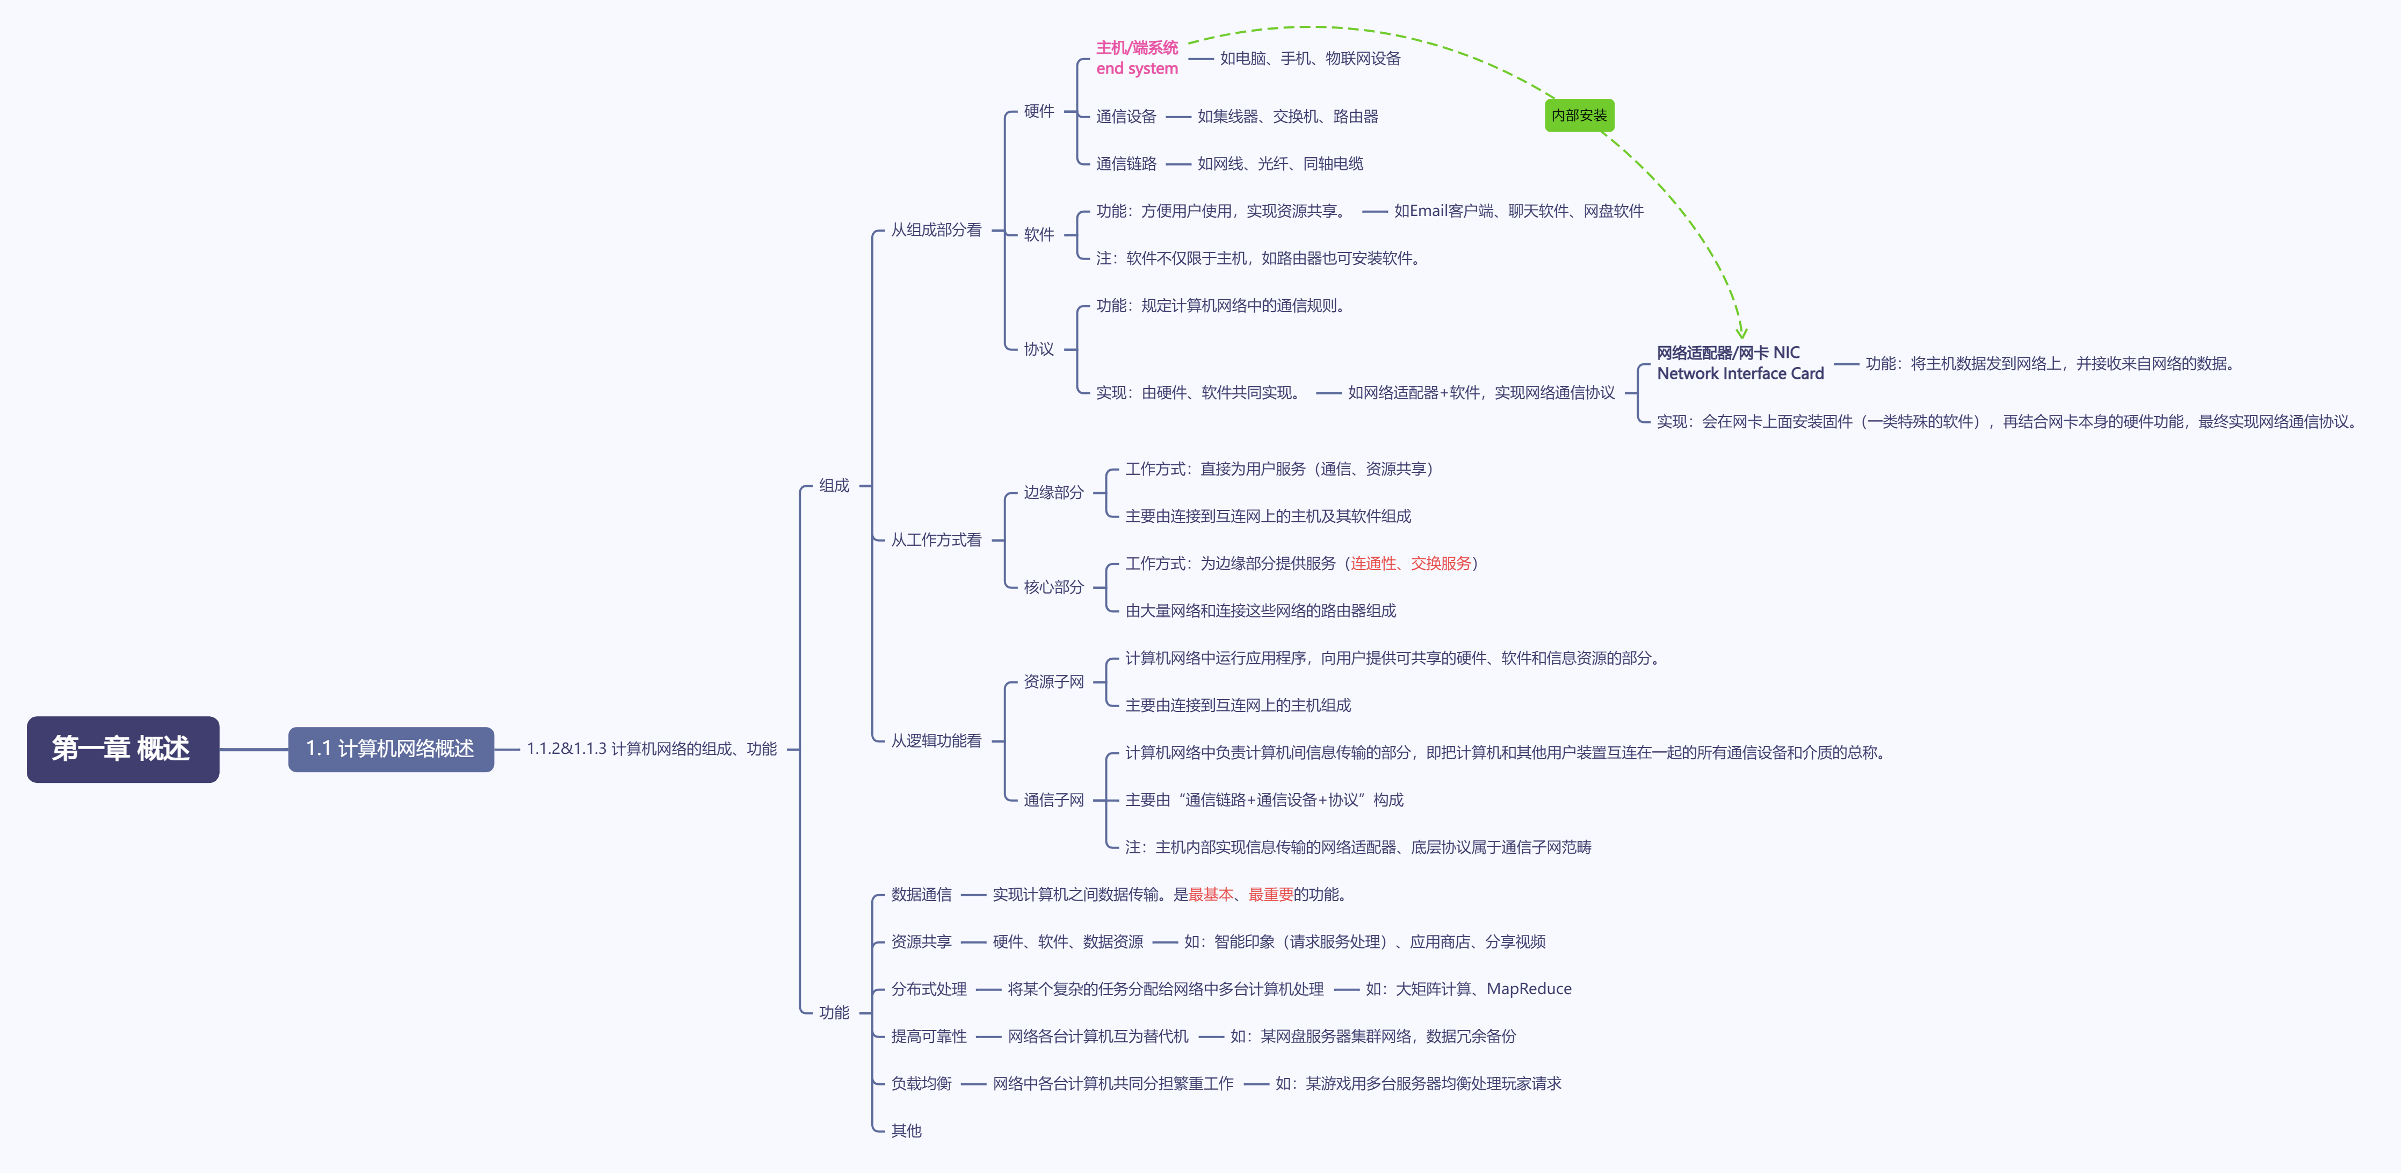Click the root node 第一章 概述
tap(122, 749)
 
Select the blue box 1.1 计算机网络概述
tap(390, 749)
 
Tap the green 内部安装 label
tap(1579, 116)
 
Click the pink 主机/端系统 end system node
tap(1136, 58)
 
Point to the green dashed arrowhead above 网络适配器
tap(1741, 332)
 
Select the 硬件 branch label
tap(1038, 111)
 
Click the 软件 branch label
tap(1038, 234)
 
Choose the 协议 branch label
tap(1038, 349)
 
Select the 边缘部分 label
tap(1053, 492)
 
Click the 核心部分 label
tap(1053, 587)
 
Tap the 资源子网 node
tap(1053, 681)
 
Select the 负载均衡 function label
tap(921, 1083)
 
